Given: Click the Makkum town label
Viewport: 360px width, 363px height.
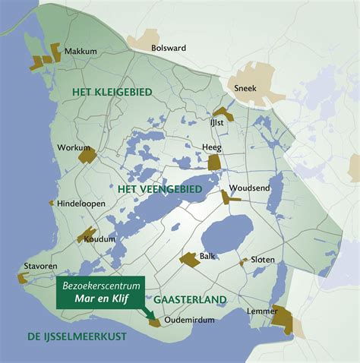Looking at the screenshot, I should (x=81, y=51).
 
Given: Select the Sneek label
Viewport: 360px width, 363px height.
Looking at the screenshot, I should (x=246, y=88).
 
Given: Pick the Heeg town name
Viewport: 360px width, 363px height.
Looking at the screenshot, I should (x=211, y=147).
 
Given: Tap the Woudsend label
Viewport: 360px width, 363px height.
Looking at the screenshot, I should (x=245, y=188).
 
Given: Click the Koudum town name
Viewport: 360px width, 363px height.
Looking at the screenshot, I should (x=100, y=238).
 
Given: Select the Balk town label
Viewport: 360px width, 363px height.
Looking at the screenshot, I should (x=208, y=256).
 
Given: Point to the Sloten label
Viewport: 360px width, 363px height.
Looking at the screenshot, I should (x=263, y=258).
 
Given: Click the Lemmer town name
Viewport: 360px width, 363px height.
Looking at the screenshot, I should (x=262, y=311).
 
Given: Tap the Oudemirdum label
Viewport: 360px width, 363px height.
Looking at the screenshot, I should (x=187, y=320).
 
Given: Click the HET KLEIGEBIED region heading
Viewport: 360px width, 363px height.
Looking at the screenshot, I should (x=112, y=91).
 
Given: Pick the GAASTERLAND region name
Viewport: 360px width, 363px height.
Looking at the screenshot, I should (x=190, y=300).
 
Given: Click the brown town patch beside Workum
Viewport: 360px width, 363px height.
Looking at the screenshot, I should (x=87, y=155).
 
